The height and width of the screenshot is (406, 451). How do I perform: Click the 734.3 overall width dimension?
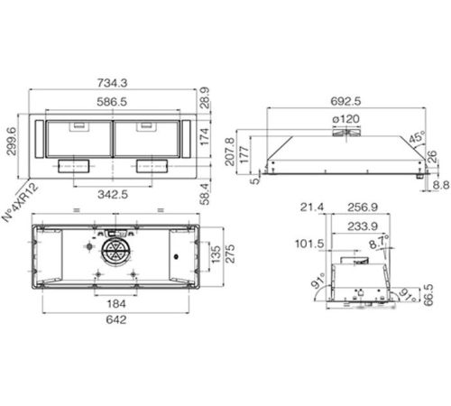(x=113, y=83)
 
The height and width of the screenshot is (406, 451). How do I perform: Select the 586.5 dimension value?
(x=112, y=102)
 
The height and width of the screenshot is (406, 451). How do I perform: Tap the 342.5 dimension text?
(x=113, y=194)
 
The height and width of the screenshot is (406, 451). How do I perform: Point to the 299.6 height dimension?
(x=12, y=141)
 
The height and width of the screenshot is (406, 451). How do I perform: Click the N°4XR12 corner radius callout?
(x=21, y=202)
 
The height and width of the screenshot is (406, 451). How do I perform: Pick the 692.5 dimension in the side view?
(x=345, y=101)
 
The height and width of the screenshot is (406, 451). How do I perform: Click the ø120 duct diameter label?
(x=345, y=119)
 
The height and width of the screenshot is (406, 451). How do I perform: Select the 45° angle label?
(x=417, y=137)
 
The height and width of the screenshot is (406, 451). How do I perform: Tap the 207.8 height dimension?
(x=230, y=152)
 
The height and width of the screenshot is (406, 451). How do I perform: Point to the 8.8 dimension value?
(x=441, y=185)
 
